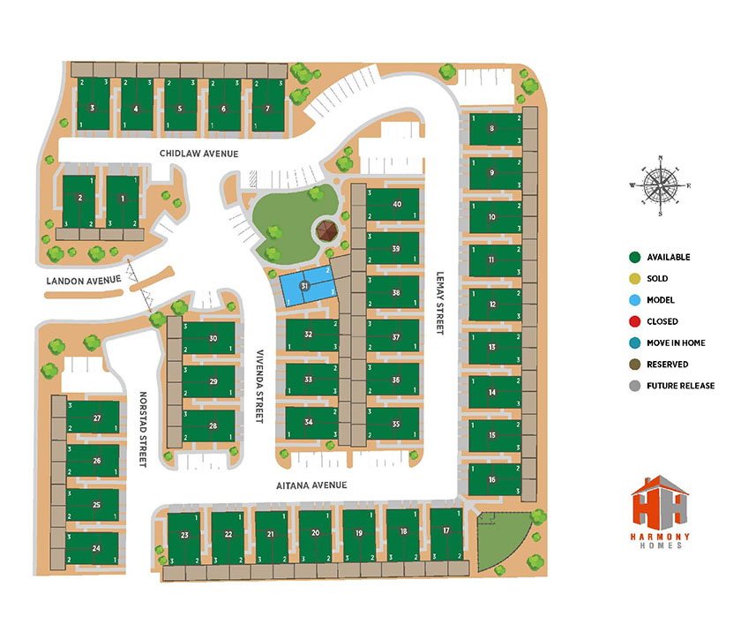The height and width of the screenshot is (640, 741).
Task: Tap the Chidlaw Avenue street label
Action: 199,154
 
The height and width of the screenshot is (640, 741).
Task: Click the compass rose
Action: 661,185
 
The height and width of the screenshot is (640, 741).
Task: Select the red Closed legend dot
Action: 633,321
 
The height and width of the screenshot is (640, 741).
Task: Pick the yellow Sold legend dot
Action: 633,279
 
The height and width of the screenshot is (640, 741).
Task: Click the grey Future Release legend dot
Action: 633,386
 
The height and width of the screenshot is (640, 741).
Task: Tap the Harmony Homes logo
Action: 662,516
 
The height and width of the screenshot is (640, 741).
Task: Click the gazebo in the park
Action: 327,232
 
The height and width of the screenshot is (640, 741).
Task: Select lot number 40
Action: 397,205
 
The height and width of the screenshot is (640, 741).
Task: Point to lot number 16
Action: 491,479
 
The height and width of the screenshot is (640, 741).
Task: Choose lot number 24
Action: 95,548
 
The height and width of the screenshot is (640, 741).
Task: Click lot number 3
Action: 93,109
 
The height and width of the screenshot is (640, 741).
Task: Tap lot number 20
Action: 315,533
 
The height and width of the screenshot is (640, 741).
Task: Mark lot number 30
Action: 213,339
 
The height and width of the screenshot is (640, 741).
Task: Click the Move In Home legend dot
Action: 633,343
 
